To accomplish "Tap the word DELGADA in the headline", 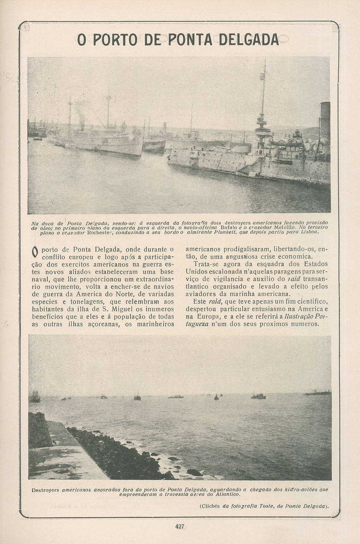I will tap(248, 39).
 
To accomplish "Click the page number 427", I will tap(180, 526).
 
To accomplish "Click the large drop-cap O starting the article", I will tap(35, 252).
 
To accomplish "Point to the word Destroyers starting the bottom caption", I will tap(46, 490).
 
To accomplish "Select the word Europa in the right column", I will tap(207, 317).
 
